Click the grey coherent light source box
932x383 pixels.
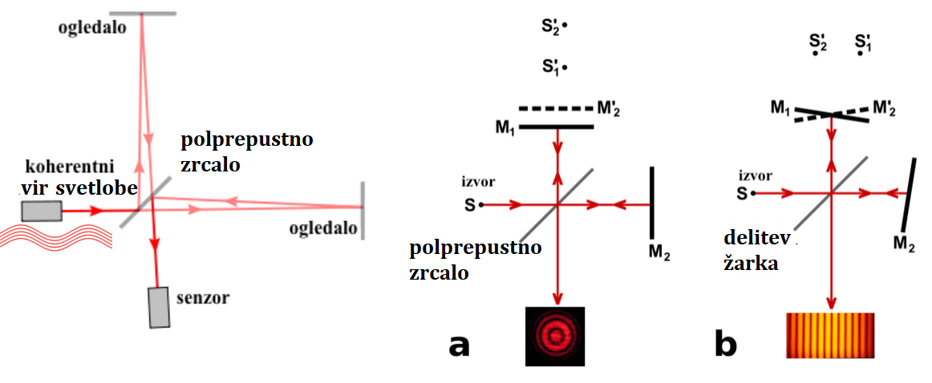tap(42, 211)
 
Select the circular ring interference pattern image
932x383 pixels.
tap(555, 337)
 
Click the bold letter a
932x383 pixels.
tap(459, 345)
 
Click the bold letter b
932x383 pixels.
tap(726, 345)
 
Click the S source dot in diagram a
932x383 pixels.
tap(481, 205)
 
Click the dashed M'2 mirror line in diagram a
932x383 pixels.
tap(555, 108)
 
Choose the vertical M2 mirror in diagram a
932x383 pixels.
tap(651, 204)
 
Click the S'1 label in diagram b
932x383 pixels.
tap(863, 42)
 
